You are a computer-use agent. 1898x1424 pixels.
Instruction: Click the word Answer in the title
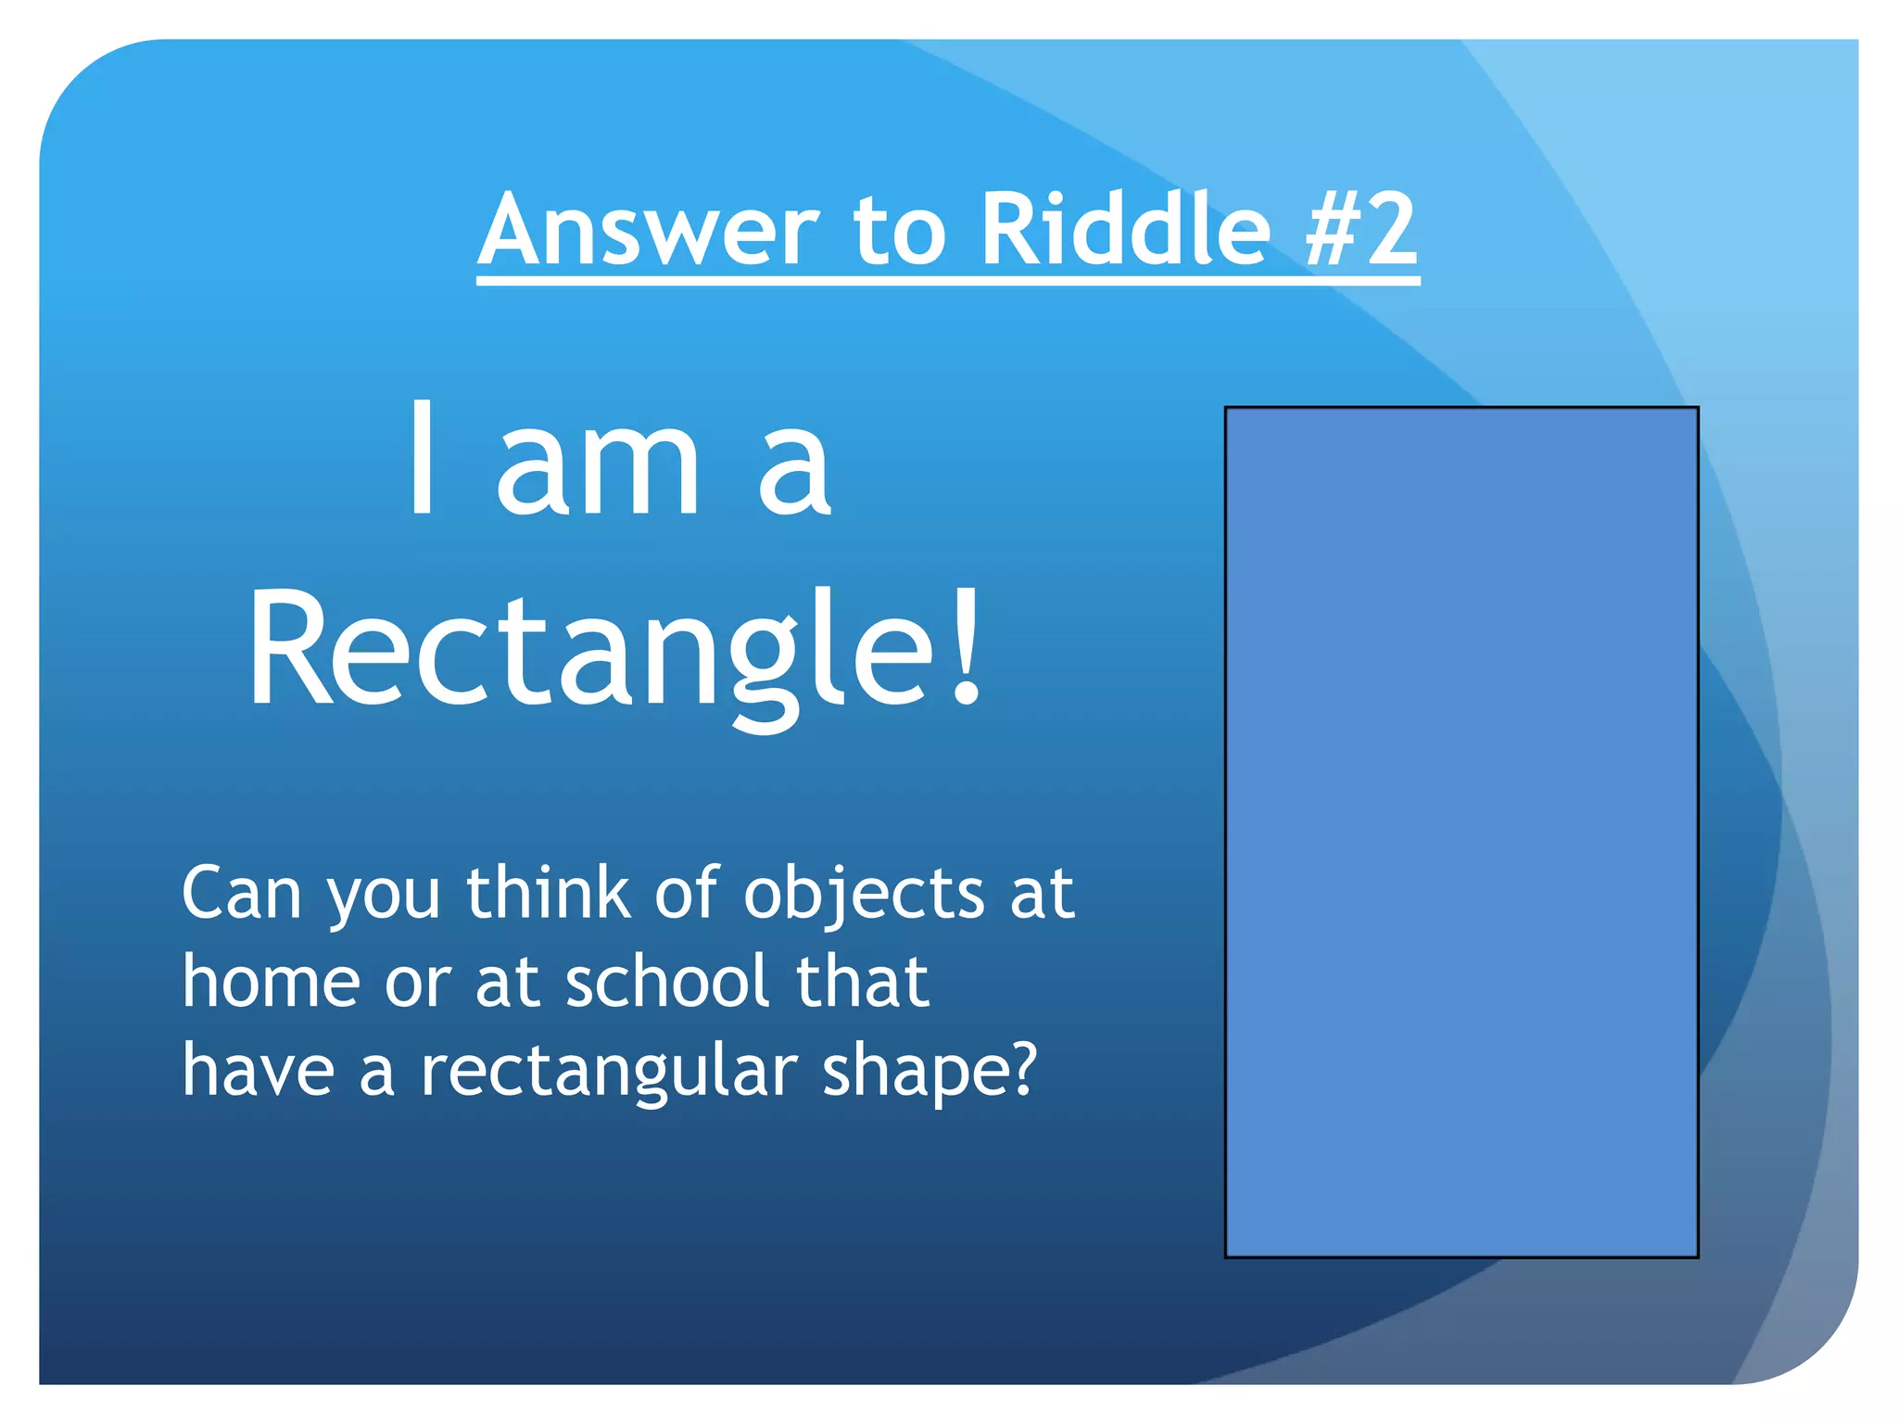(649, 229)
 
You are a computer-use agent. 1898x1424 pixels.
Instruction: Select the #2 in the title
(1360, 229)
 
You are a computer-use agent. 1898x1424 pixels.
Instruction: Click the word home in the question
(271, 982)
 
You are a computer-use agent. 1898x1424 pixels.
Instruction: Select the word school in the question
(668, 982)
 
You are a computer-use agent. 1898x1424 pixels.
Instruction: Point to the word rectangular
(609, 1072)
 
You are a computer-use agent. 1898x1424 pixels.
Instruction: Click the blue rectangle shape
(1461, 832)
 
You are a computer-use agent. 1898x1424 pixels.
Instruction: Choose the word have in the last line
(258, 1070)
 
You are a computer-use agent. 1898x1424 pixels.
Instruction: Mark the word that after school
(862, 982)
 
